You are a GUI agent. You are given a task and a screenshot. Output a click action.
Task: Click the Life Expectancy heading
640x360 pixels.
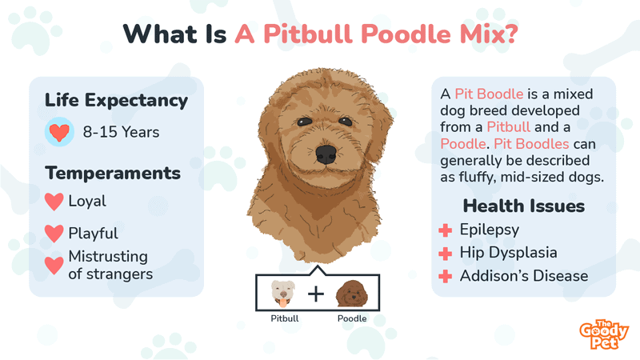click(117, 101)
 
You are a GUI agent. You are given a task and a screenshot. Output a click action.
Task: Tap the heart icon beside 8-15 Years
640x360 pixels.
click(59, 131)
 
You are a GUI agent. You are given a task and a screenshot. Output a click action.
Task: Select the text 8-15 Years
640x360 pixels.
click(121, 132)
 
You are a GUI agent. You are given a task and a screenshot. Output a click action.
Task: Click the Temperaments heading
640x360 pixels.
click(113, 173)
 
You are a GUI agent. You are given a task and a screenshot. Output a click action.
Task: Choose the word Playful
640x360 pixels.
click(93, 234)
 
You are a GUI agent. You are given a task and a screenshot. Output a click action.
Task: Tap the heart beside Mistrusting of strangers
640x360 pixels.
click(54, 265)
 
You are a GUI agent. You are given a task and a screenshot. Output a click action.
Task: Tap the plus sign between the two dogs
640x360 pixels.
click(317, 294)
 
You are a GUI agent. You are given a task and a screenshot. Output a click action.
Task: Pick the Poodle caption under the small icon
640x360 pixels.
click(351, 318)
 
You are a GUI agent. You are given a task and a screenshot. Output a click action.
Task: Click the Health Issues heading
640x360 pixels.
click(524, 206)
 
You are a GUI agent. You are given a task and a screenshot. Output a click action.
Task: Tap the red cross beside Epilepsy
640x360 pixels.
click(446, 230)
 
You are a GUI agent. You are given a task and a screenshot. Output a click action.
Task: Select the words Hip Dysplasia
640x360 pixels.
click(509, 253)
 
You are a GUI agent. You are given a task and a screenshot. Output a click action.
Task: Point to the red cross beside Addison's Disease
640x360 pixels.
click(446, 277)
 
